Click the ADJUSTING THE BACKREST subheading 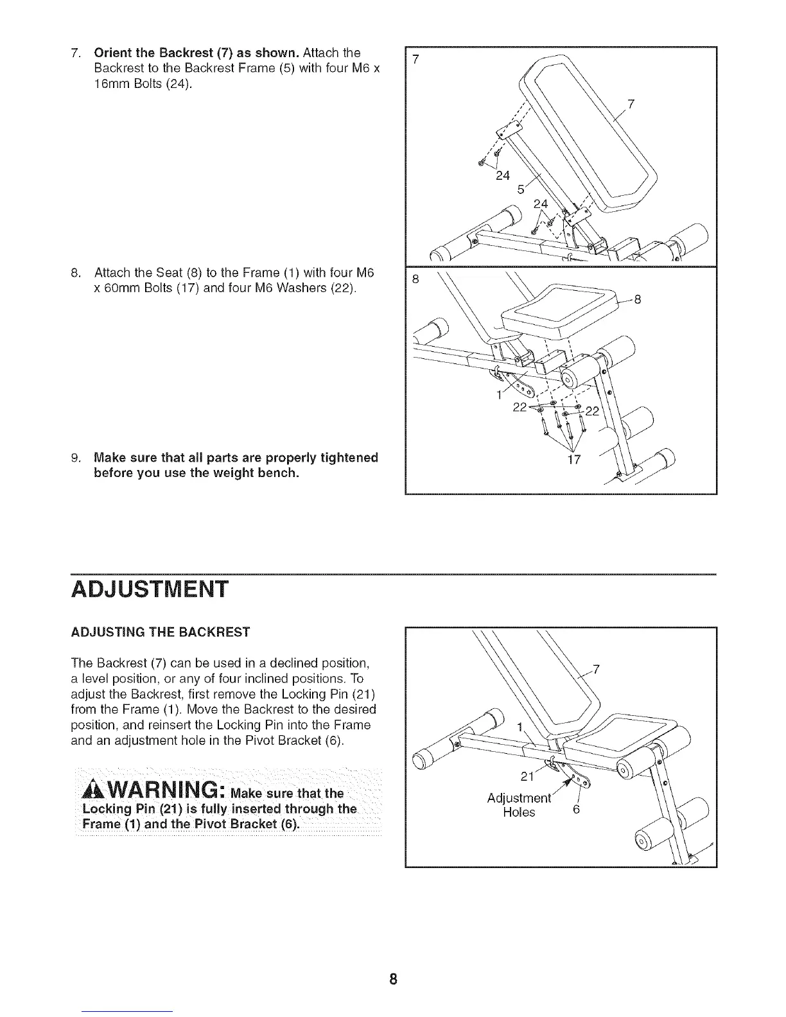160,632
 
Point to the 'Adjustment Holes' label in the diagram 519,805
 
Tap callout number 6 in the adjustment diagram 576,810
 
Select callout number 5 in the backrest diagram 521,191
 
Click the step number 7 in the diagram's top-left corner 415,60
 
